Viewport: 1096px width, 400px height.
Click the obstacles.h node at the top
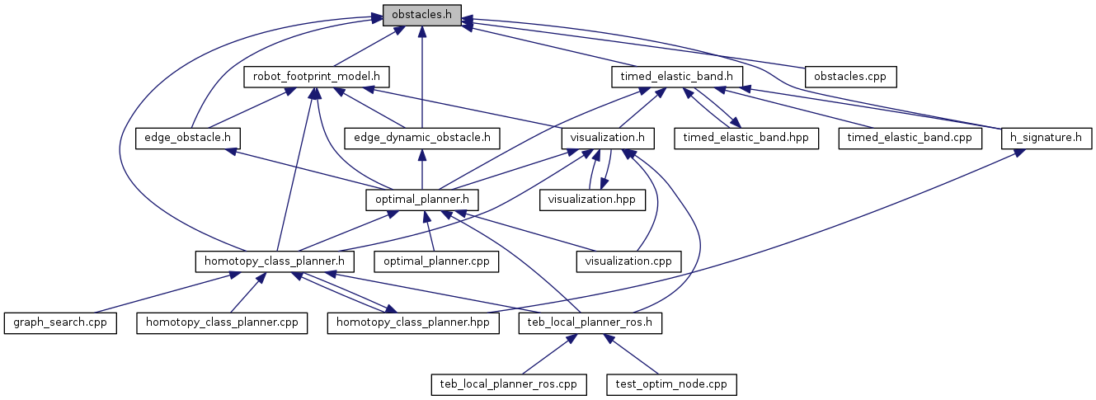[x=421, y=16]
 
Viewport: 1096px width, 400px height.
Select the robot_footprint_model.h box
[x=317, y=77]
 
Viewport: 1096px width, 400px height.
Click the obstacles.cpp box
[x=850, y=77]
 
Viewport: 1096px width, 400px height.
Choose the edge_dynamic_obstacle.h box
[x=422, y=138]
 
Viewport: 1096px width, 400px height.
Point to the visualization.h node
[x=608, y=138]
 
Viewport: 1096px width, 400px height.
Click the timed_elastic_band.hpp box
[x=746, y=138]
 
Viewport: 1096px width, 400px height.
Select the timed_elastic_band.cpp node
[x=910, y=138]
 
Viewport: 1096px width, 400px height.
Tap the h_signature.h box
[x=1046, y=138]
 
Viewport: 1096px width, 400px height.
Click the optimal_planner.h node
[x=422, y=199]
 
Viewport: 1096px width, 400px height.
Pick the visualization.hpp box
[x=593, y=199]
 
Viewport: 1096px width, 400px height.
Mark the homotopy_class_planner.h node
[x=275, y=261]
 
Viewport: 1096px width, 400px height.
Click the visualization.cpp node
[x=628, y=261]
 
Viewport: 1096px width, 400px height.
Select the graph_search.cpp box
[x=59, y=322]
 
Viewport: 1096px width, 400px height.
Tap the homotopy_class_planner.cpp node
[x=222, y=322]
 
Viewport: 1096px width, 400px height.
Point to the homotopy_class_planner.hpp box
[x=413, y=322]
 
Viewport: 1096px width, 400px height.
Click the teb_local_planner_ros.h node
[x=590, y=322]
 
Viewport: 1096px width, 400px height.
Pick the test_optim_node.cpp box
[x=671, y=384]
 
